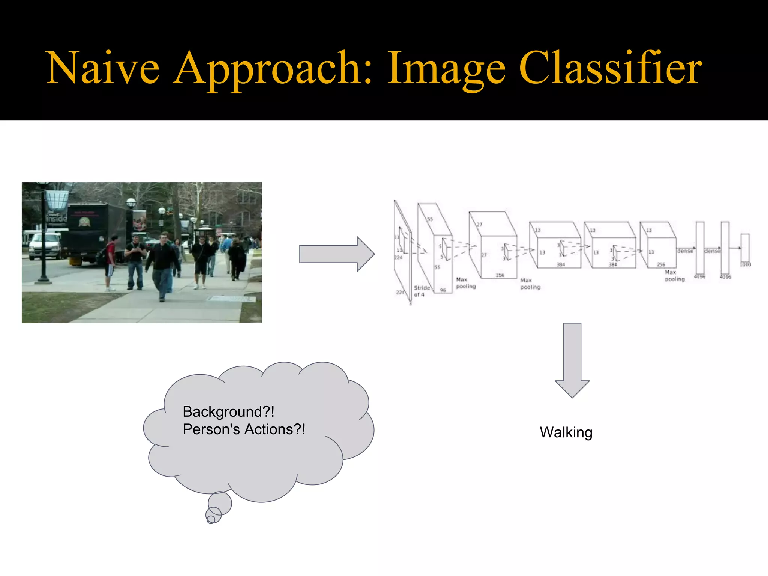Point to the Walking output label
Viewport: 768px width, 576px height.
pos(565,432)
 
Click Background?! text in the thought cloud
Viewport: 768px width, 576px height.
pos(228,412)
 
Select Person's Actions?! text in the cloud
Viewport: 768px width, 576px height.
pos(244,429)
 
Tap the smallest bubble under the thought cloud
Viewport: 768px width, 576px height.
pos(211,519)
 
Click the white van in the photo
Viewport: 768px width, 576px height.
pos(44,246)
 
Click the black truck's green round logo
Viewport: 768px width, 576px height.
pos(84,222)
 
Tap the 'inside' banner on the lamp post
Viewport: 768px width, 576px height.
pos(57,218)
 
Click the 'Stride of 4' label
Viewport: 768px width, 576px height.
pos(421,291)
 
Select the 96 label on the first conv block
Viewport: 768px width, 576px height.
pos(443,290)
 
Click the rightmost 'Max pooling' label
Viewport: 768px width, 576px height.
pos(674,276)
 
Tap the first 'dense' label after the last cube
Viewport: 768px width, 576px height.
pos(685,251)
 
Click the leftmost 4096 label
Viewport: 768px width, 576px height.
pos(699,277)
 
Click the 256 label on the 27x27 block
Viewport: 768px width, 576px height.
pos(500,275)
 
